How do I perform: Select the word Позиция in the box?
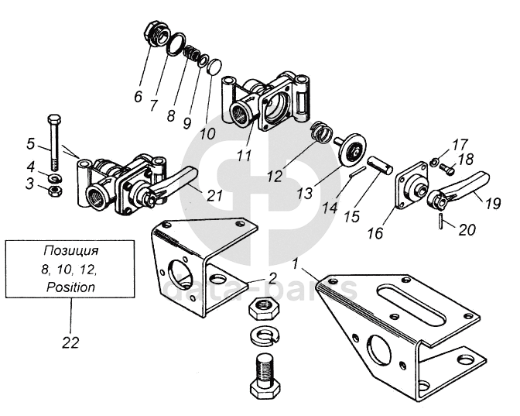pos(71,252)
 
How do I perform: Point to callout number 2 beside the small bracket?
pos(272,278)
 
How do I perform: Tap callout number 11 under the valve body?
pos(245,155)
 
